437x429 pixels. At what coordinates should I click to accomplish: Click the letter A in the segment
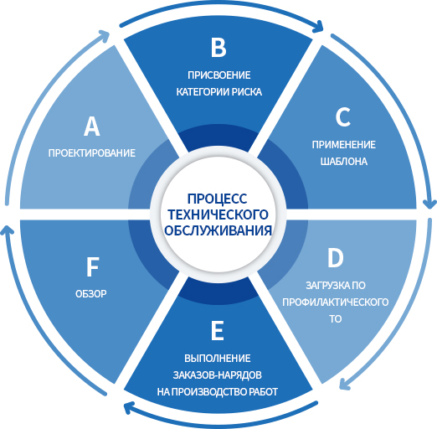pos(92,127)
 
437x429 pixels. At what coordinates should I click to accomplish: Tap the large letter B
pos(218,48)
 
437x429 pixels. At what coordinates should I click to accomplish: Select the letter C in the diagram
pos(343,117)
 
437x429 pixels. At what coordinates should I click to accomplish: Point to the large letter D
pos(335,258)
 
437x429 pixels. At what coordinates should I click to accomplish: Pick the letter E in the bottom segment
pos(218,330)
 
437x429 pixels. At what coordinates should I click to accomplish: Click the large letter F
pos(92,267)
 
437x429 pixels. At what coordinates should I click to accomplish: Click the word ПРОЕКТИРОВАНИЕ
pos(92,153)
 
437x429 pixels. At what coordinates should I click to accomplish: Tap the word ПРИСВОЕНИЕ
pos(218,75)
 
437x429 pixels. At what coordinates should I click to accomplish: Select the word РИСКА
pos(247,92)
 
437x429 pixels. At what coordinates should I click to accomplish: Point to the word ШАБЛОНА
pos(343,162)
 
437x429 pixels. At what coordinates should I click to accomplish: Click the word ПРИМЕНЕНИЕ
pos(343,145)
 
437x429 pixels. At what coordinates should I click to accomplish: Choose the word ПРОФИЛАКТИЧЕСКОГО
pos(335,302)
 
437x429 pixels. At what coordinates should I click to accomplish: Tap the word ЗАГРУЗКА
pos(325,286)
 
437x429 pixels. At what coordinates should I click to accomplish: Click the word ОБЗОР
pos(91,294)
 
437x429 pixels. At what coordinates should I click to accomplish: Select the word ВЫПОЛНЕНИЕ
pos(218,359)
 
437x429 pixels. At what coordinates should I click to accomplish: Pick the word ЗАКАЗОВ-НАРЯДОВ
pos(218,375)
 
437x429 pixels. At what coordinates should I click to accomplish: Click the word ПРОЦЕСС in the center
pos(217,199)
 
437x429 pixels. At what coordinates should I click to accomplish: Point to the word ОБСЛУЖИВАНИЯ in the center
pos(218,230)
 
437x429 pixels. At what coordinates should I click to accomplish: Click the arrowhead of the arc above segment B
pos(318,27)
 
